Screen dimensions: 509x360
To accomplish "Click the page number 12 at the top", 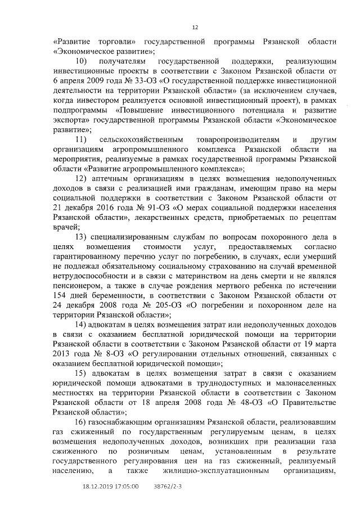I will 195,27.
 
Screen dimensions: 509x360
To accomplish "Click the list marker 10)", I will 81,60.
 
